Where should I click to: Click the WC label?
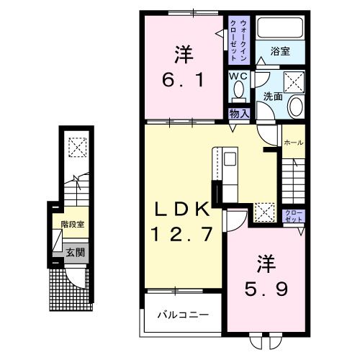point(238,75)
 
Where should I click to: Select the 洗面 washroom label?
point(272,96)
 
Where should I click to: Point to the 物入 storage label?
point(239,113)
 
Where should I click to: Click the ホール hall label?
point(293,143)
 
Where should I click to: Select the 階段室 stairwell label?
point(72,225)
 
